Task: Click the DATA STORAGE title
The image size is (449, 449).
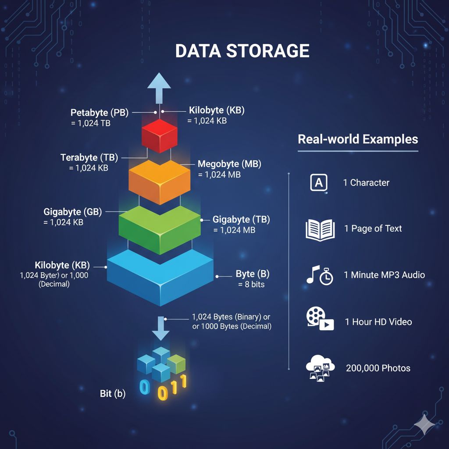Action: point(242,51)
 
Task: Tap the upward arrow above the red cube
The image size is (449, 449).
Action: point(159,86)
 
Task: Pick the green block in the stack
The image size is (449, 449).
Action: point(159,228)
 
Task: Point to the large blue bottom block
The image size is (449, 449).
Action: point(160,276)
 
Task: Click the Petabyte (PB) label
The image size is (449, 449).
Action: point(100,113)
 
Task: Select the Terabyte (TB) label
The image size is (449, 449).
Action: point(89,157)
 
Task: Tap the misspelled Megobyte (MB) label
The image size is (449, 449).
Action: point(229,164)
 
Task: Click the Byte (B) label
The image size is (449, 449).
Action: point(253,274)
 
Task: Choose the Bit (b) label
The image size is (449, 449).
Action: point(113,394)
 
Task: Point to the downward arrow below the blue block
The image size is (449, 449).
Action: point(160,329)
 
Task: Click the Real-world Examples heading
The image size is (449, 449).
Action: point(358,139)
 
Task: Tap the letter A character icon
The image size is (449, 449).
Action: point(319,182)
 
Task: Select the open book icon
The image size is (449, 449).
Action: point(320,229)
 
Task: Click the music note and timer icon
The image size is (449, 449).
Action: point(319,275)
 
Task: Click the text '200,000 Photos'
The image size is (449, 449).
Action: point(378,368)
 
